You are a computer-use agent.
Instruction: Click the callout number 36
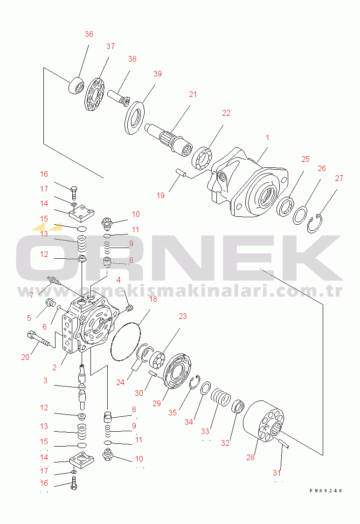click(89, 34)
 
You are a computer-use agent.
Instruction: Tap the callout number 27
click(339, 178)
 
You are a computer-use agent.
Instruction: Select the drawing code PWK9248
click(325, 491)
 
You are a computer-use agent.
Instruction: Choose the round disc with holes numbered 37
click(97, 95)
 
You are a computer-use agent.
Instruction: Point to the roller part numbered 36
click(76, 86)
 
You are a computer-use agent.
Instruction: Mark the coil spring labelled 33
click(219, 399)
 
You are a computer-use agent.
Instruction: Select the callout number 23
click(182, 316)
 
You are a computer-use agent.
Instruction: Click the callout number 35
click(173, 413)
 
